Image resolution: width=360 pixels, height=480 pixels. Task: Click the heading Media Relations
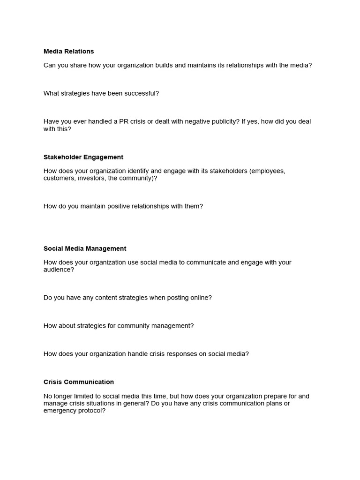point(68,52)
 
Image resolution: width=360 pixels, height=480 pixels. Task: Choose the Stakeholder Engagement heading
point(83,157)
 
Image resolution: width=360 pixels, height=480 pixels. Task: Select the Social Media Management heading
point(85,249)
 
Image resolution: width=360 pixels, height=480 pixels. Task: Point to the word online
point(200,298)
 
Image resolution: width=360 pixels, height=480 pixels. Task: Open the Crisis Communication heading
point(79,382)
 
